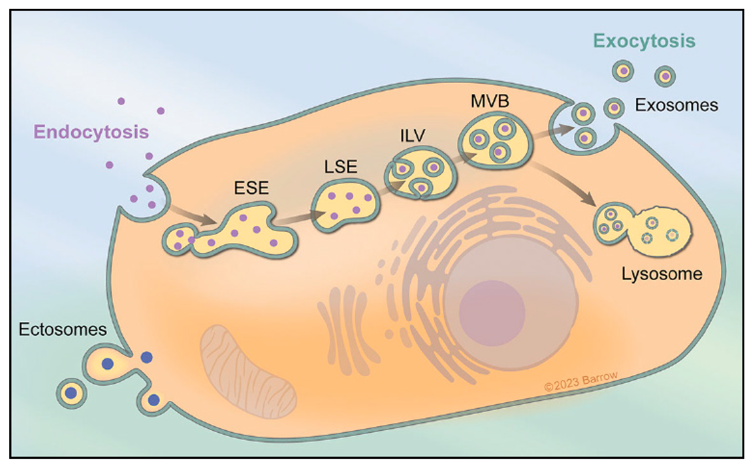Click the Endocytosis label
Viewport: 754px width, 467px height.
tap(91, 132)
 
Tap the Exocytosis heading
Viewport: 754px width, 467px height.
tap(644, 41)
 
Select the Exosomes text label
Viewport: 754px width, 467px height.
tap(676, 105)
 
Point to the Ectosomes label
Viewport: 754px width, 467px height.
tap(63, 329)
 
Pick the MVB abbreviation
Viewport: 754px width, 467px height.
tap(490, 101)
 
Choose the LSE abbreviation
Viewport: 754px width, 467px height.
tap(341, 167)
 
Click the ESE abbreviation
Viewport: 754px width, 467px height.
tap(251, 188)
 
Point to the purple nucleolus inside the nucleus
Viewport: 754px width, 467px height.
tap(492, 313)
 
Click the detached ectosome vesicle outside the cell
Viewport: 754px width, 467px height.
tap(71, 393)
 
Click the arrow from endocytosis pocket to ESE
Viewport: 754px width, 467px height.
tap(193, 215)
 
